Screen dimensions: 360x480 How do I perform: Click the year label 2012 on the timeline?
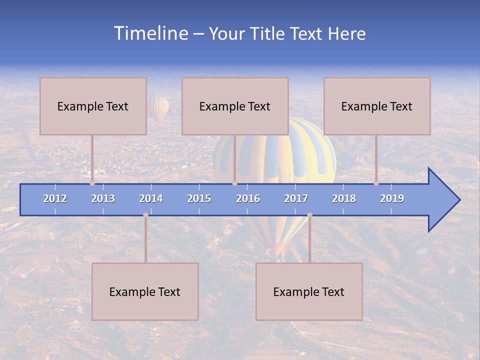(55, 198)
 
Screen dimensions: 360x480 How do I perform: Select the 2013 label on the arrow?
(103, 198)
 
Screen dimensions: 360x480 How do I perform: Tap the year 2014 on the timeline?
(151, 198)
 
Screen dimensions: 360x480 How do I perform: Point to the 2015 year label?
(199, 198)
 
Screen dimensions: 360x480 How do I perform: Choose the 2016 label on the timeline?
(248, 198)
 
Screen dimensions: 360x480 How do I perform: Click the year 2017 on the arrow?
(296, 198)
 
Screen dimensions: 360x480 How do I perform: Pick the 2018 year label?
(344, 198)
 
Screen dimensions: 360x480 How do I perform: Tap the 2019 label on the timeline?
(392, 198)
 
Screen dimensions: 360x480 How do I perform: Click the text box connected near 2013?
(93, 106)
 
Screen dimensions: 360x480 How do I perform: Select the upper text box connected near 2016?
(235, 106)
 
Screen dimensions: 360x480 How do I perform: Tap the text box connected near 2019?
(377, 106)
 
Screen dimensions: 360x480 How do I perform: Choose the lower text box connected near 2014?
(145, 291)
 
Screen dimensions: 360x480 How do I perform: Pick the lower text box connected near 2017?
(309, 291)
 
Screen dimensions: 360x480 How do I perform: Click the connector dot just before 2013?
(92, 183)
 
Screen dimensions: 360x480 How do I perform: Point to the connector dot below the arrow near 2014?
(145, 215)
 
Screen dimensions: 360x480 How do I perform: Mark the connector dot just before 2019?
(376, 183)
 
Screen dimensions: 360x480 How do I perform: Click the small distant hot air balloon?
(159, 109)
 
